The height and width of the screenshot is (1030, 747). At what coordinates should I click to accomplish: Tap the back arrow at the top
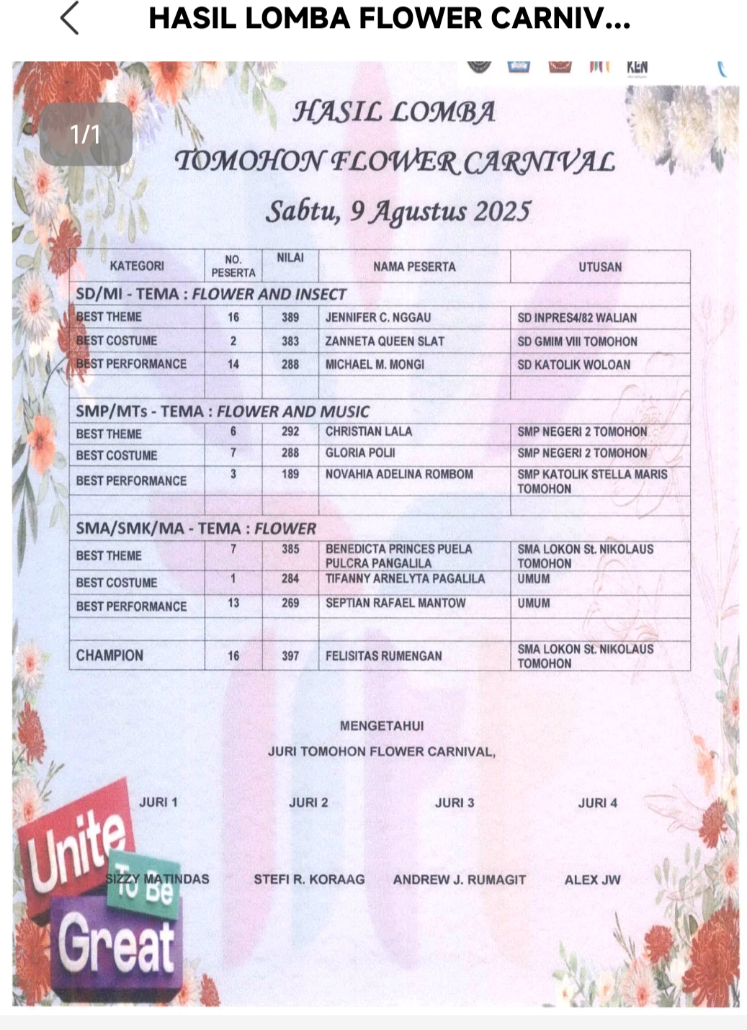click(69, 18)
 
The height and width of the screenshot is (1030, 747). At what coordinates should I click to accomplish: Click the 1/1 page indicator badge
click(86, 134)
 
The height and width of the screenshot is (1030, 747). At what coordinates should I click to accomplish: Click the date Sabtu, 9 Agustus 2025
click(398, 211)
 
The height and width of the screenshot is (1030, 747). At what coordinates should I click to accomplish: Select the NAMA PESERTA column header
click(414, 267)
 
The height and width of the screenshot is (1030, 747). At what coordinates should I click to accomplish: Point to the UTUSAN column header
click(599, 267)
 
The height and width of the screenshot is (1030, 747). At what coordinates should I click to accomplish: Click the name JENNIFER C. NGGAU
click(377, 317)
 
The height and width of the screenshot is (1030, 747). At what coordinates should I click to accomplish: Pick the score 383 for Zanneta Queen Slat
click(290, 341)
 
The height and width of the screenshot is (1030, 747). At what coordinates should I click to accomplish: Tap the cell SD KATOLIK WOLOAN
click(573, 364)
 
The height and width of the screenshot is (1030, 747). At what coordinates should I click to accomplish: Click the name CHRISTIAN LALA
click(369, 431)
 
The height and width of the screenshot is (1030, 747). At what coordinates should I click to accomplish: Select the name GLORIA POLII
click(360, 453)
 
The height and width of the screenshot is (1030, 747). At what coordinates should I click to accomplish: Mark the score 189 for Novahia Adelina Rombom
click(290, 474)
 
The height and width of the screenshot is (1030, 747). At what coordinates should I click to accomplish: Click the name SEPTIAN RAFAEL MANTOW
click(395, 603)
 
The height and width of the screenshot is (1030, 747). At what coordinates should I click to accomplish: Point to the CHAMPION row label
click(109, 655)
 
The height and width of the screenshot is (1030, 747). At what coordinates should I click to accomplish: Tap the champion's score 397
click(290, 655)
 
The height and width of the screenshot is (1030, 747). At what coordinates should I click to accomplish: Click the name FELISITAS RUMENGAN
click(384, 655)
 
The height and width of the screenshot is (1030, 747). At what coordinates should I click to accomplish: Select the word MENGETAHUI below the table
click(382, 725)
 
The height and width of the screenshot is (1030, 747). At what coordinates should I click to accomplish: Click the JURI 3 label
click(455, 802)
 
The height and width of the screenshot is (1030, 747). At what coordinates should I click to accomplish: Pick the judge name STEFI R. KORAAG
click(309, 879)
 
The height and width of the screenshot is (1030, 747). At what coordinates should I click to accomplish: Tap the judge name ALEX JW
click(592, 879)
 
